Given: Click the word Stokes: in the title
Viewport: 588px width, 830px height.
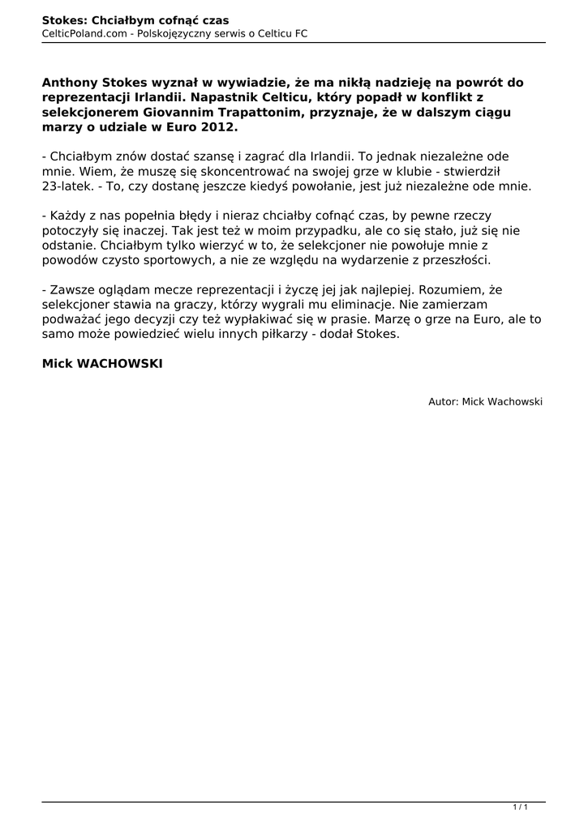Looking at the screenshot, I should click(x=64, y=19).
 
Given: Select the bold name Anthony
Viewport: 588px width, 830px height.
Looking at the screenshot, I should click(x=71, y=83).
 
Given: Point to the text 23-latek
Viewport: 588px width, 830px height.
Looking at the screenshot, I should click(x=66, y=186).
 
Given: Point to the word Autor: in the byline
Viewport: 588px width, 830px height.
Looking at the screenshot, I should click(x=443, y=401).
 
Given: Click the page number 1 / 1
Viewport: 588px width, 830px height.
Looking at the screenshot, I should click(x=521, y=807).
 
